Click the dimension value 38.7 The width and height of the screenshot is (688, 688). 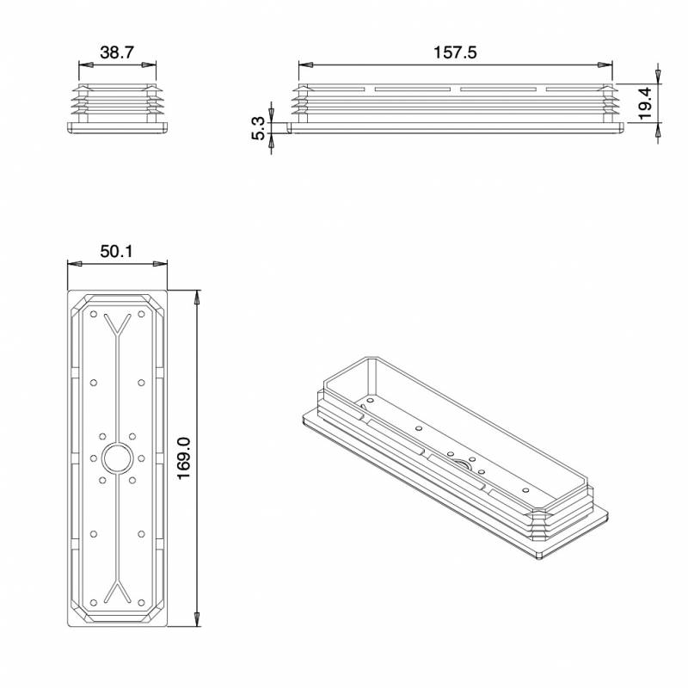[x=117, y=52]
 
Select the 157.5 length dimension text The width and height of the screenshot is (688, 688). [x=456, y=52]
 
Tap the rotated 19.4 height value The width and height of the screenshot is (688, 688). [x=645, y=102]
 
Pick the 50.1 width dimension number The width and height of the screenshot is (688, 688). [x=117, y=252]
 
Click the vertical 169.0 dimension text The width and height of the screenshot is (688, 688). [x=182, y=459]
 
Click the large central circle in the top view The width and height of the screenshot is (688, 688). [x=117, y=458]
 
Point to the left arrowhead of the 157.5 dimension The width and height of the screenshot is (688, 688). [x=304, y=64]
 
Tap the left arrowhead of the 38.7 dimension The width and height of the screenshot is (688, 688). [x=83, y=64]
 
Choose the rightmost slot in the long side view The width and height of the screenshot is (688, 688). [x=572, y=89]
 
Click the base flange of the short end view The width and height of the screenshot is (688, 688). [x=117, y=127]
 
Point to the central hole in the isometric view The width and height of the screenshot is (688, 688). [x=462, y=465]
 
